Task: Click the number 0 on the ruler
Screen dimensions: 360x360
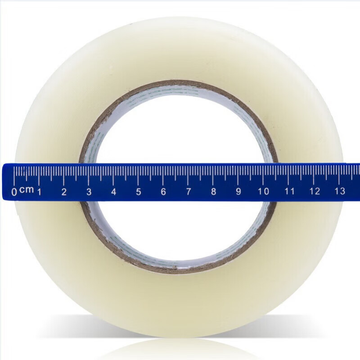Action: tap(14, 192)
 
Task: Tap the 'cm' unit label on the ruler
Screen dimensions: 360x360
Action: tap(27, 190)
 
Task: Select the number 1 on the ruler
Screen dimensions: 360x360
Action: tap(40, 192)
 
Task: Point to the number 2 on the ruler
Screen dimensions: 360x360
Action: tap(64, 192)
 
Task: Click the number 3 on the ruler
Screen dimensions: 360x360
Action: tap(89, 192)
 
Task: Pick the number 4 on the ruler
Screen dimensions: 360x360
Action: tap(114, 192)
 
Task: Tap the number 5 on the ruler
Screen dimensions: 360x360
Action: tap(139, 192)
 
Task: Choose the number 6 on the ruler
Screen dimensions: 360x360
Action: tap(163, 192)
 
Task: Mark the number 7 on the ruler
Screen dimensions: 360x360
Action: tap(189, 191)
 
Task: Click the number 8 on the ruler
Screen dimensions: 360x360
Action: tap(213, 191)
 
